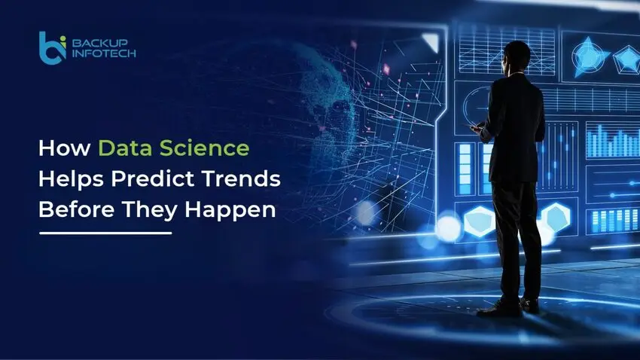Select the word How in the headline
[57, 148]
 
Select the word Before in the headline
[70, 210]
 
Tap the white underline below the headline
[105, 233]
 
